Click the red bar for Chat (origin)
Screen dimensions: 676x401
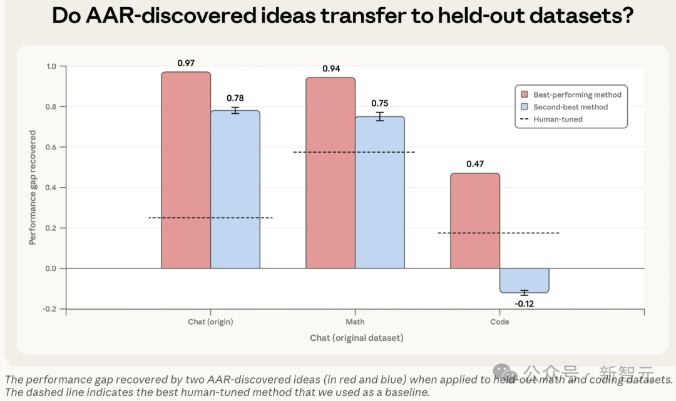coord(186,170)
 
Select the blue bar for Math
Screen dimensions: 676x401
coord(380,193)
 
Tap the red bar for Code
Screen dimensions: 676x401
coord(475,221)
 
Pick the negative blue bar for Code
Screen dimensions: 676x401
coord(525,280)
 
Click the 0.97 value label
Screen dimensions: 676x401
coord(187,63)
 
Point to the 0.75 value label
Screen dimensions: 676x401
coord(380,103)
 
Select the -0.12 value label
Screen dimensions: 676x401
coord(525,303)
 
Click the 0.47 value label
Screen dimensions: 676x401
coord(475,164)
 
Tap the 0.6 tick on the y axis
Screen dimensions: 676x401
coord(51,147)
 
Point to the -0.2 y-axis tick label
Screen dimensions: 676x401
coord(49,309)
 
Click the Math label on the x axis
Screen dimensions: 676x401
coord(356,322)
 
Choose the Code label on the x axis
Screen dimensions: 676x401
coord(499,322)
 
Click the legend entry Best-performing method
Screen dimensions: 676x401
coord(571,94)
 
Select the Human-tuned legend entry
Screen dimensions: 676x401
coord(552,119)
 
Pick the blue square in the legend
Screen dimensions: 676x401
coord(525,107)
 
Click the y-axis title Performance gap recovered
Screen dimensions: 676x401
coord(33,188)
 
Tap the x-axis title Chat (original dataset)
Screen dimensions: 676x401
coord(357,338)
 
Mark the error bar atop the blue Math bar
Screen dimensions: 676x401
coord(379,117)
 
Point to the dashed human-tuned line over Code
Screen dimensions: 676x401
coord(499,233)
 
